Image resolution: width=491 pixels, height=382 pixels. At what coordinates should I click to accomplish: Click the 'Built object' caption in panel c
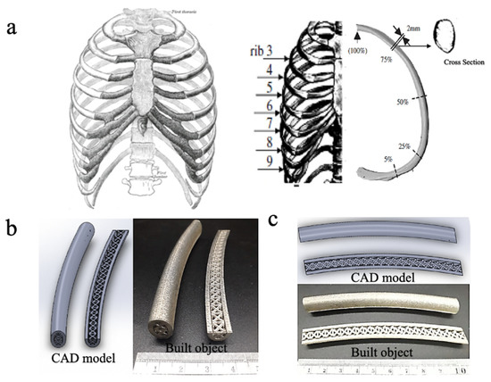pos(373,352)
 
